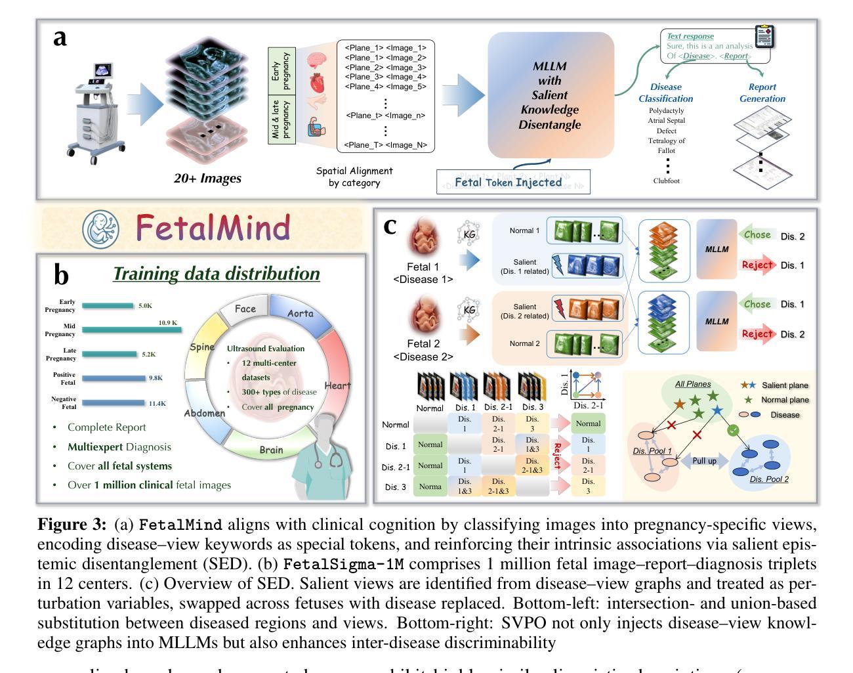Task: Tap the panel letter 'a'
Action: pos(60,37)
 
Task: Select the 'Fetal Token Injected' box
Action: pos(513,182)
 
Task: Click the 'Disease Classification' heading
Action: pos(665,93)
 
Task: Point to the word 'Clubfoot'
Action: pos(666,181)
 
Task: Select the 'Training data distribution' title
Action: pos(217,274)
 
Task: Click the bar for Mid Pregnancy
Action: pos(131,330)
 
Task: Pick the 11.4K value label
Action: pos(157,404)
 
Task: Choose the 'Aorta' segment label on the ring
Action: pos(301,314)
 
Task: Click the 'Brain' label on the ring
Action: pos(271,450)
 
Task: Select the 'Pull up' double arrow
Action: pos(704,462)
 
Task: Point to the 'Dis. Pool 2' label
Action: pos(769,479)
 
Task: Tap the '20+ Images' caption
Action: pos(207,178)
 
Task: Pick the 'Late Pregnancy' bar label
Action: pos(64,355)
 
